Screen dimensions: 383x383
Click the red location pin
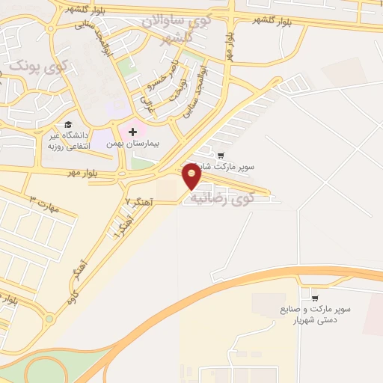point(192,176)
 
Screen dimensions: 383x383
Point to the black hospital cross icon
point(133,132)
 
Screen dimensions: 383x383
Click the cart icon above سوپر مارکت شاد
point(221,156)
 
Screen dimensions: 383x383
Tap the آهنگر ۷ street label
point(138,202)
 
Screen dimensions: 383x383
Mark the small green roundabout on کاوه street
point(49,318)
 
